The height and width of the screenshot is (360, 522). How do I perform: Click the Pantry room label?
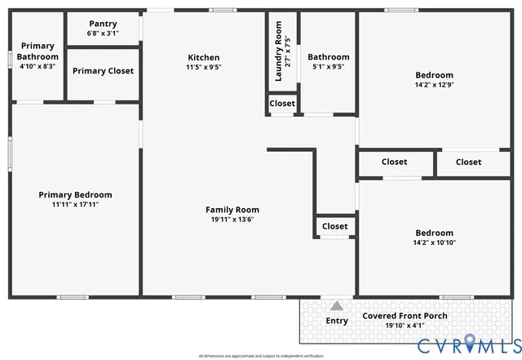coord(103,24)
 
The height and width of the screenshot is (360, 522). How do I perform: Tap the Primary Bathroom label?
coord(38,51)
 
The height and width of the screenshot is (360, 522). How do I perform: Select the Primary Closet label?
coord(103,71)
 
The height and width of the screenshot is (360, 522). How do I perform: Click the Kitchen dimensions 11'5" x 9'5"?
coord(204,68)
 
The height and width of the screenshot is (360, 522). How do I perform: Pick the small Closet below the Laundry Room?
coord(282,104)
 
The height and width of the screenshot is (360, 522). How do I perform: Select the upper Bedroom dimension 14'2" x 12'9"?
coord(434,86)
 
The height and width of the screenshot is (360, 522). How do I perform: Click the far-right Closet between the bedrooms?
coord(468,162)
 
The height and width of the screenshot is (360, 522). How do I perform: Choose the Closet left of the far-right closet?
coord(394,162)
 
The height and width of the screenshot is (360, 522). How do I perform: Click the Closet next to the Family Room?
coord(334,226)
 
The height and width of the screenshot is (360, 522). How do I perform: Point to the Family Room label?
coord(232,210)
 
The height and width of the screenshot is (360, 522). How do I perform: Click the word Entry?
coord(337,321)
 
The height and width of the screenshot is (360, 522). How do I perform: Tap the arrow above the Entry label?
coord(337,305)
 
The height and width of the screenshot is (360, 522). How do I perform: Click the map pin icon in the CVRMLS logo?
coord(472,344)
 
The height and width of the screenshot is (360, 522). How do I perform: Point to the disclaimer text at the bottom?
coord(261,356)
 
